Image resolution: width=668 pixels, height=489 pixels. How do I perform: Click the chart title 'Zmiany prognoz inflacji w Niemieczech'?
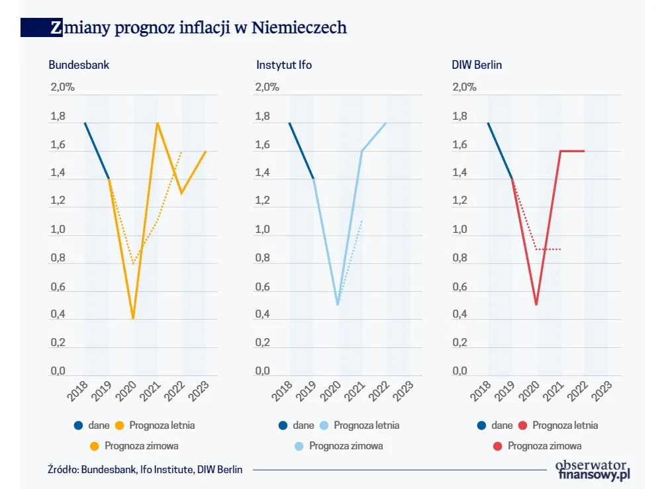(x=198, y=27)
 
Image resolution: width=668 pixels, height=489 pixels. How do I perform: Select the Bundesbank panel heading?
(x=79, y=65)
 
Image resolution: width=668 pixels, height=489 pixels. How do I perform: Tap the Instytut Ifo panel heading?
(x=284, y=65)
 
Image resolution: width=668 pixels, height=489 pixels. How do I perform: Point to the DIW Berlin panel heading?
(x=478, y=65)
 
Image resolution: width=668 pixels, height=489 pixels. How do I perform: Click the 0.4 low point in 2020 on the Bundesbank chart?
(x=133, y=319)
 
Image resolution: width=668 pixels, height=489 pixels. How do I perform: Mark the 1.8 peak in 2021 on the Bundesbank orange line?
(x=158, y=123)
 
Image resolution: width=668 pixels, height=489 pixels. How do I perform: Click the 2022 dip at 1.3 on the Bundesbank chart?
(x=181, y=193)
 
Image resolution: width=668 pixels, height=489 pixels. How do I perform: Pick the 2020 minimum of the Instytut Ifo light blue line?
(x=338, y=305)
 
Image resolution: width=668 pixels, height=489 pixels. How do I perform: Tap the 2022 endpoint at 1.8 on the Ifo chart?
(x=386, y=123)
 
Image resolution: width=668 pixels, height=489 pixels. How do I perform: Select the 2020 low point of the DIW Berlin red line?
(x=536, y=305)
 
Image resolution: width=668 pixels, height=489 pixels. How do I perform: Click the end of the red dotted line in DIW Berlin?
(x=561, y=249)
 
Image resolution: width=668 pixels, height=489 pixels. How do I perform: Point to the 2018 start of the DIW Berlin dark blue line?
(x=488, y=123)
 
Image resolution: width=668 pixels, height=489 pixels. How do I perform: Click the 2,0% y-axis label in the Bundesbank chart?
(x=63, y=87)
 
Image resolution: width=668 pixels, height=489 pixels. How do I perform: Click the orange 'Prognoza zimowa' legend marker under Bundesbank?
(x=95, y=446)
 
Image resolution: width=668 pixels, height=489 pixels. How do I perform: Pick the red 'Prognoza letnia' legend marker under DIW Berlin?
(x=522, y=425)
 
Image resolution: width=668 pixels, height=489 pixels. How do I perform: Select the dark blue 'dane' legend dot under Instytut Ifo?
(x=283, y=425)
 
